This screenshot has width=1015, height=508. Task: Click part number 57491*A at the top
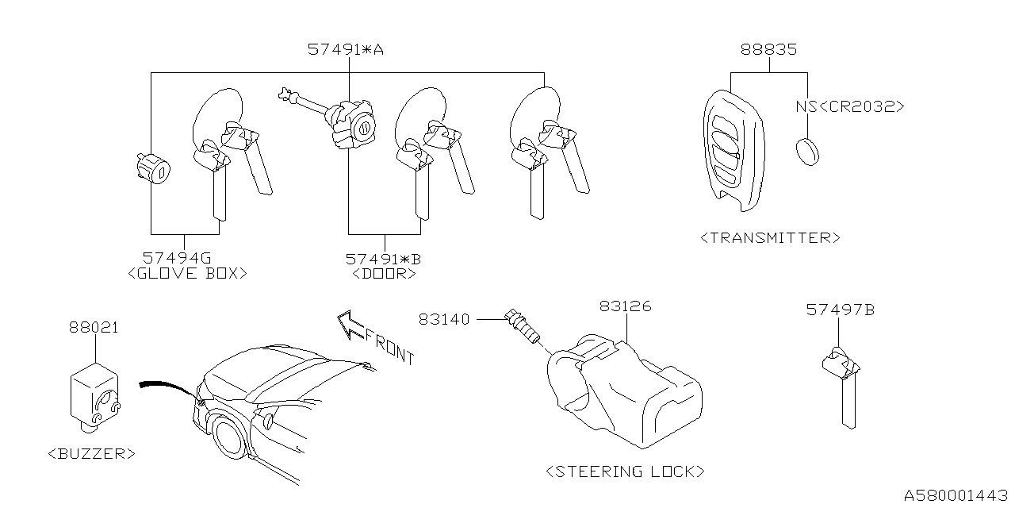345,49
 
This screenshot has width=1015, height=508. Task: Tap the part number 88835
768,49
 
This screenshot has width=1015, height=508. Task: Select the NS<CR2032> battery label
849,106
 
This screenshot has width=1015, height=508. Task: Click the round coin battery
807,151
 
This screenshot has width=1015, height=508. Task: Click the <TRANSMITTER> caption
770,237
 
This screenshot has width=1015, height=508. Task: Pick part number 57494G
177,258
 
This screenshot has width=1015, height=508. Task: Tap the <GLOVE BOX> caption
187,273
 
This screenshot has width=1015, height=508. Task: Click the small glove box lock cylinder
154,169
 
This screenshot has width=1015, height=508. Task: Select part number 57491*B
383,258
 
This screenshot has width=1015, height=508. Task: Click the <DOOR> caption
383,274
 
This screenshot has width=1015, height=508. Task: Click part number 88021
93,326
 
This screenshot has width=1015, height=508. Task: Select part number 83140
444,319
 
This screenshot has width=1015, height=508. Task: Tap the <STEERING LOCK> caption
625,471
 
